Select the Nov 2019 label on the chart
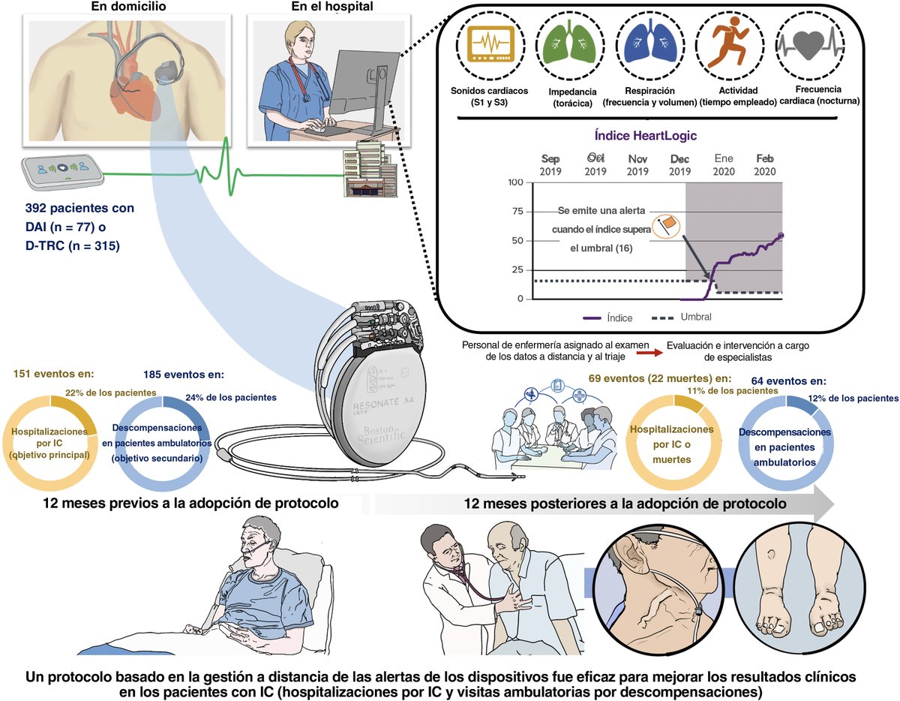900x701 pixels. click(637, 165)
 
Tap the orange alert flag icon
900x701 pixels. click(665, 225)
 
